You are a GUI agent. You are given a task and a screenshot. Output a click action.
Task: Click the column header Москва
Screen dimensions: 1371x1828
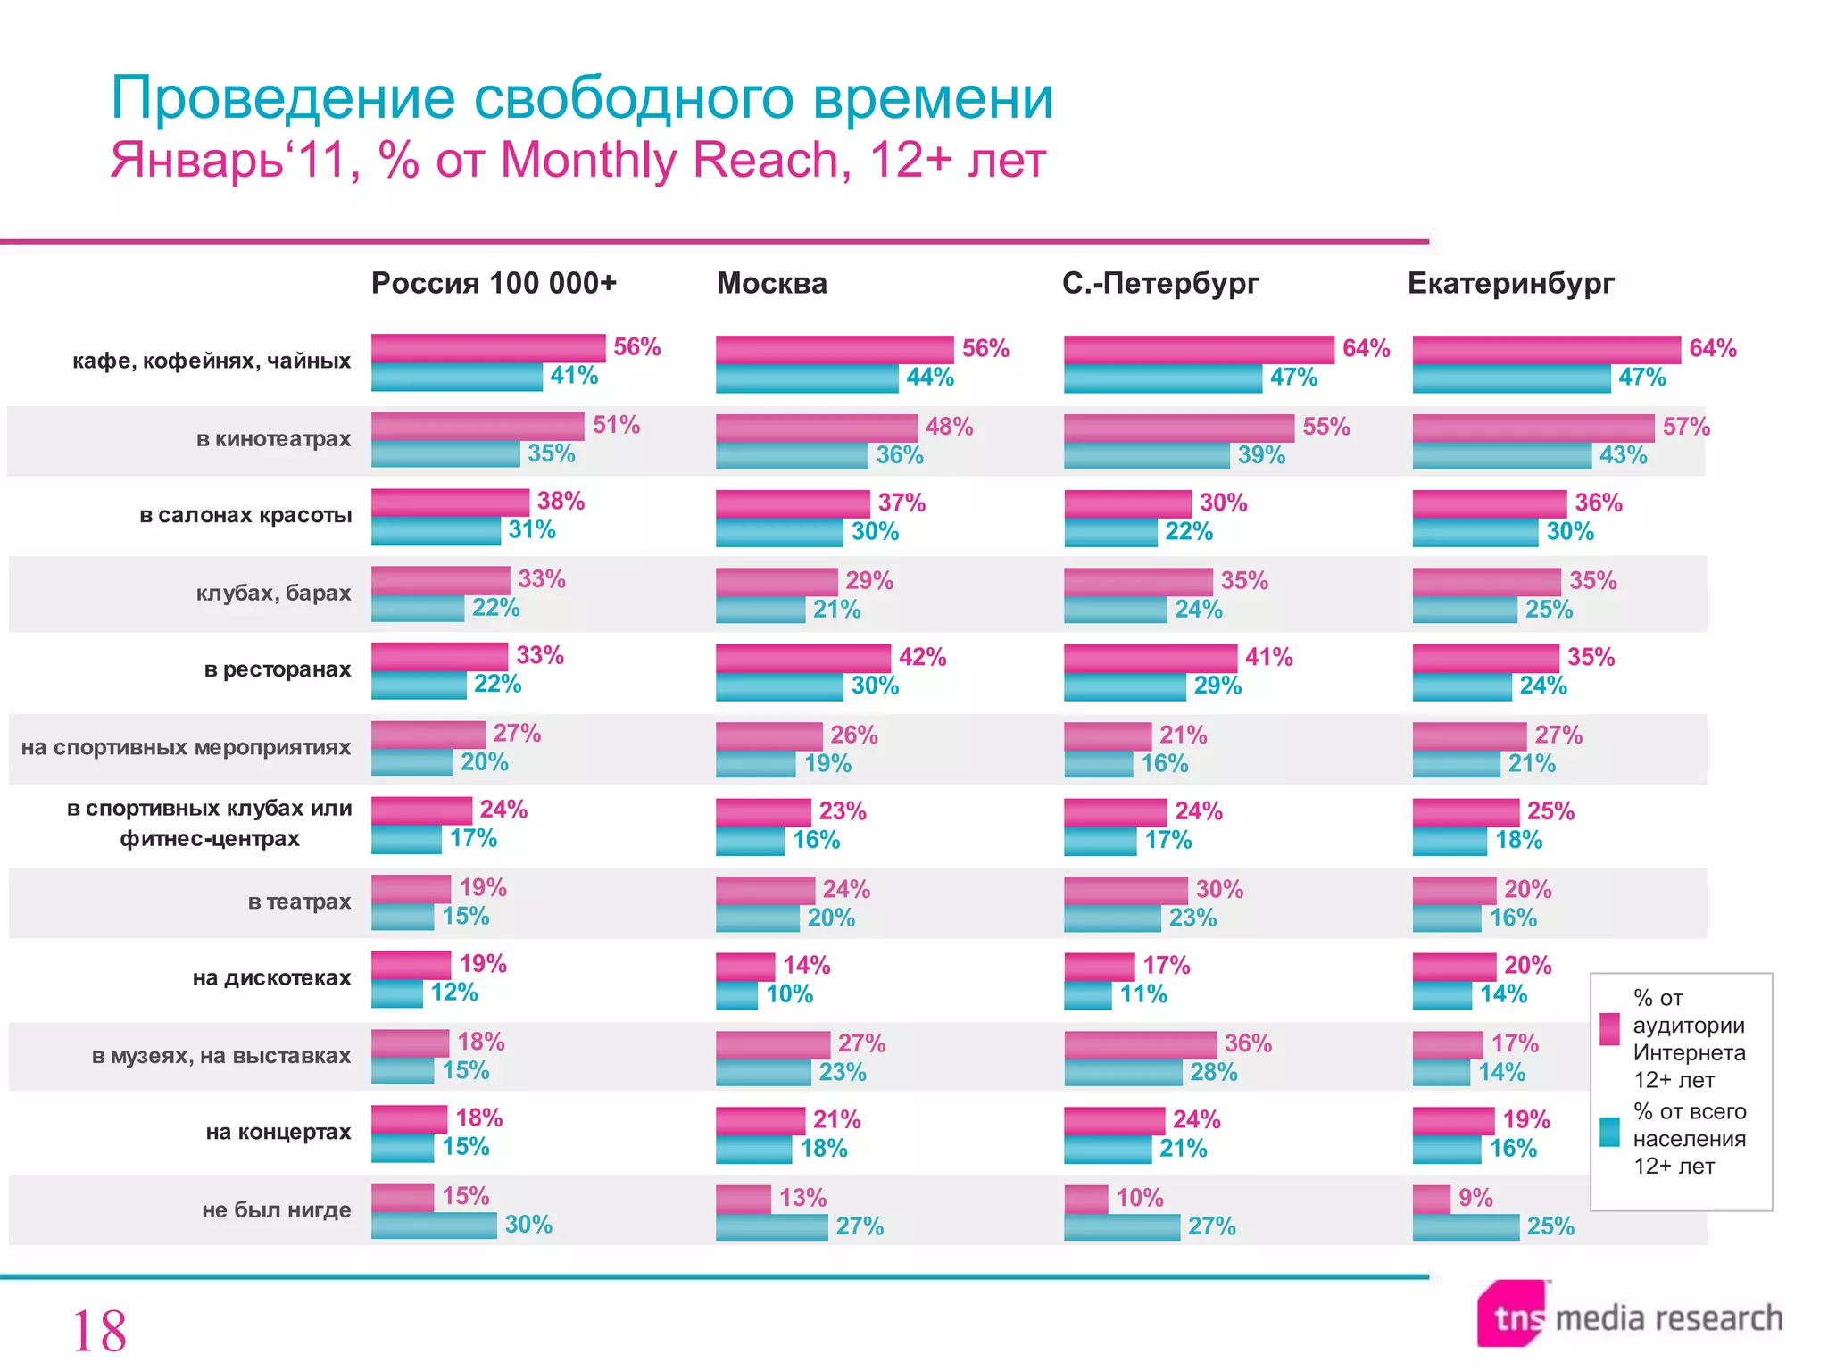coord(771,283)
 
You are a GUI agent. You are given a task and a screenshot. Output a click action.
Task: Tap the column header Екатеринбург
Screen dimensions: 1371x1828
coord(1510,283)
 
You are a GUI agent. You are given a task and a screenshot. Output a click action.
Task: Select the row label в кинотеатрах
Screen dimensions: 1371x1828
coord(273,439)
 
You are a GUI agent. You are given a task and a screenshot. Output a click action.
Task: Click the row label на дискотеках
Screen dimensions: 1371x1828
coord(271,978)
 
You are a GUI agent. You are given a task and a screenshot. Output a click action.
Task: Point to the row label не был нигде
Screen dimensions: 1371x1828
coord(276,1210)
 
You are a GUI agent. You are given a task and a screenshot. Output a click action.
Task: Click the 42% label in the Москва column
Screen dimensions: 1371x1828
coord(922,657)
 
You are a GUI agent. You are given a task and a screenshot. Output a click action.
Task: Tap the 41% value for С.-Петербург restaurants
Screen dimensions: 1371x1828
coord(1268,657)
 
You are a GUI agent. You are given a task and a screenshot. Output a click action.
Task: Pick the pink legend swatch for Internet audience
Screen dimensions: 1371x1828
coord(1609,1029)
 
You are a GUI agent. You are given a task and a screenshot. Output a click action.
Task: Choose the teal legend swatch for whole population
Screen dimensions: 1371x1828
coord(1609,1132)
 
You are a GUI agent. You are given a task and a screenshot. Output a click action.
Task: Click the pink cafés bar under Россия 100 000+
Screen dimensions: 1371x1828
coord(487,347)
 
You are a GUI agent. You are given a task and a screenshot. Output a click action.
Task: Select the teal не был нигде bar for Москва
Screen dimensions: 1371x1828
coord(771,1227)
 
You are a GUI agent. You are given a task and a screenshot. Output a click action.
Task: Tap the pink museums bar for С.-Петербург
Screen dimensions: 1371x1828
coord(1140,1044)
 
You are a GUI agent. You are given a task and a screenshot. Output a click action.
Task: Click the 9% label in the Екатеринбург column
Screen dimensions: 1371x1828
coord(1475,1198)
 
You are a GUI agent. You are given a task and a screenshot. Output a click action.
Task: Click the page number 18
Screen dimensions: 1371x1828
coord(99,1331)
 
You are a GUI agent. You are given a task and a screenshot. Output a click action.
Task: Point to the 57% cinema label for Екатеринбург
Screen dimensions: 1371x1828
coord(1685,427)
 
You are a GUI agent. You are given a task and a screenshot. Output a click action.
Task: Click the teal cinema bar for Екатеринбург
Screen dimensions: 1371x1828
coord(1501,456)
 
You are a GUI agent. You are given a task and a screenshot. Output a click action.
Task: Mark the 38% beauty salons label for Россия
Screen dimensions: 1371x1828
coord(561,501)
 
